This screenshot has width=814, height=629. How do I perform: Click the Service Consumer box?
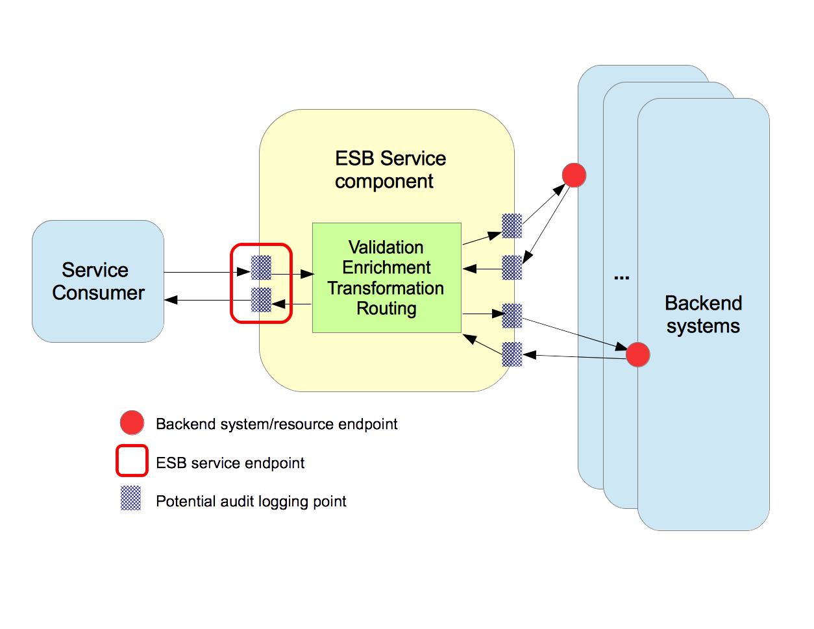coord(98,281)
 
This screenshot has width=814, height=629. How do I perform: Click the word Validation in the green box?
coord(386,247)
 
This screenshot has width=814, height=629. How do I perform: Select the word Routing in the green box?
coord(386,308)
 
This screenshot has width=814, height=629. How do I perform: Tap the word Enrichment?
coord(386,267)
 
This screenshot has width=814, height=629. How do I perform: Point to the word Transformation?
coord(386,288)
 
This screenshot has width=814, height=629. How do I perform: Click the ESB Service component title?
coord(389,169)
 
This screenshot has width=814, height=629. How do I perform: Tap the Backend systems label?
coord(703,314)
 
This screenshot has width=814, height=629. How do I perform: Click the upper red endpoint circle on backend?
coord(574,175)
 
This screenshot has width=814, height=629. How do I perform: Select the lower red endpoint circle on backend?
coord(637,354)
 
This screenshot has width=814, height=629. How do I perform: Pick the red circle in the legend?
coord(132,423)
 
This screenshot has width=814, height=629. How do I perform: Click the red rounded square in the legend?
coord(132,461)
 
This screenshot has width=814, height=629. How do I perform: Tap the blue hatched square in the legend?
coord(131,499)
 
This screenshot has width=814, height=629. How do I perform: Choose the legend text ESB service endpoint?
coord(230,463)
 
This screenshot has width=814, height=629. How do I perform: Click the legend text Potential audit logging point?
coord(251,502)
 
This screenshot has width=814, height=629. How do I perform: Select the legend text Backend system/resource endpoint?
coord(277,425)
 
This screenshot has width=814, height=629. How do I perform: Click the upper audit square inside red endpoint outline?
coord(261,267)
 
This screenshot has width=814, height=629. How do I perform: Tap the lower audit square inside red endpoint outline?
coord(261,300)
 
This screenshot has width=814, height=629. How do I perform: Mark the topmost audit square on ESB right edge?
coord(512,226)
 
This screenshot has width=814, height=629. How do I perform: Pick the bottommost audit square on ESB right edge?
coord(512,354)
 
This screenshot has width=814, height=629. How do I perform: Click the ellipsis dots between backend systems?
coord(621,278)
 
